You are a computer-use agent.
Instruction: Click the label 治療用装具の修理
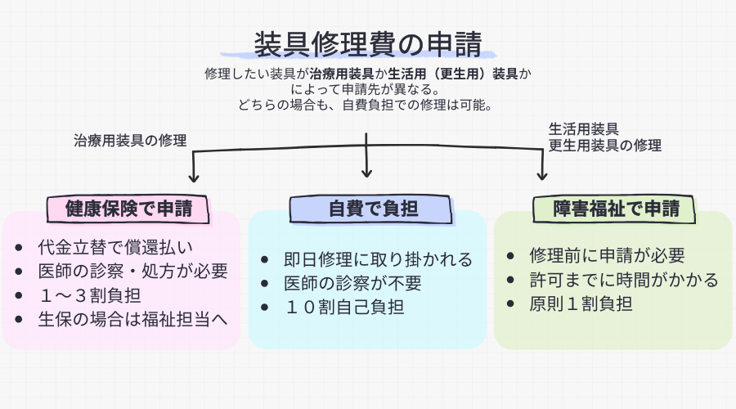(x=130, y=140)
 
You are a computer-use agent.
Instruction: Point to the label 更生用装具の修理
(x=604, y=146)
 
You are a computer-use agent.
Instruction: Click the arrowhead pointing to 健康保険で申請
(x=194, y=175)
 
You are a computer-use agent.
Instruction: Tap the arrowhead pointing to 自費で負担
(x=367, y=171)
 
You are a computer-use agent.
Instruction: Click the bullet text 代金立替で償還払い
(x=114, y=248)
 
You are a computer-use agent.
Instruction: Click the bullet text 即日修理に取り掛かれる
(x=378, y=260)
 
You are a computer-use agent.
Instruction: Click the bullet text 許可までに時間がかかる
(x=624, y=280)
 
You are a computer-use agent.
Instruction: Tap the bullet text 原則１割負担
(x=581, y=303)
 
